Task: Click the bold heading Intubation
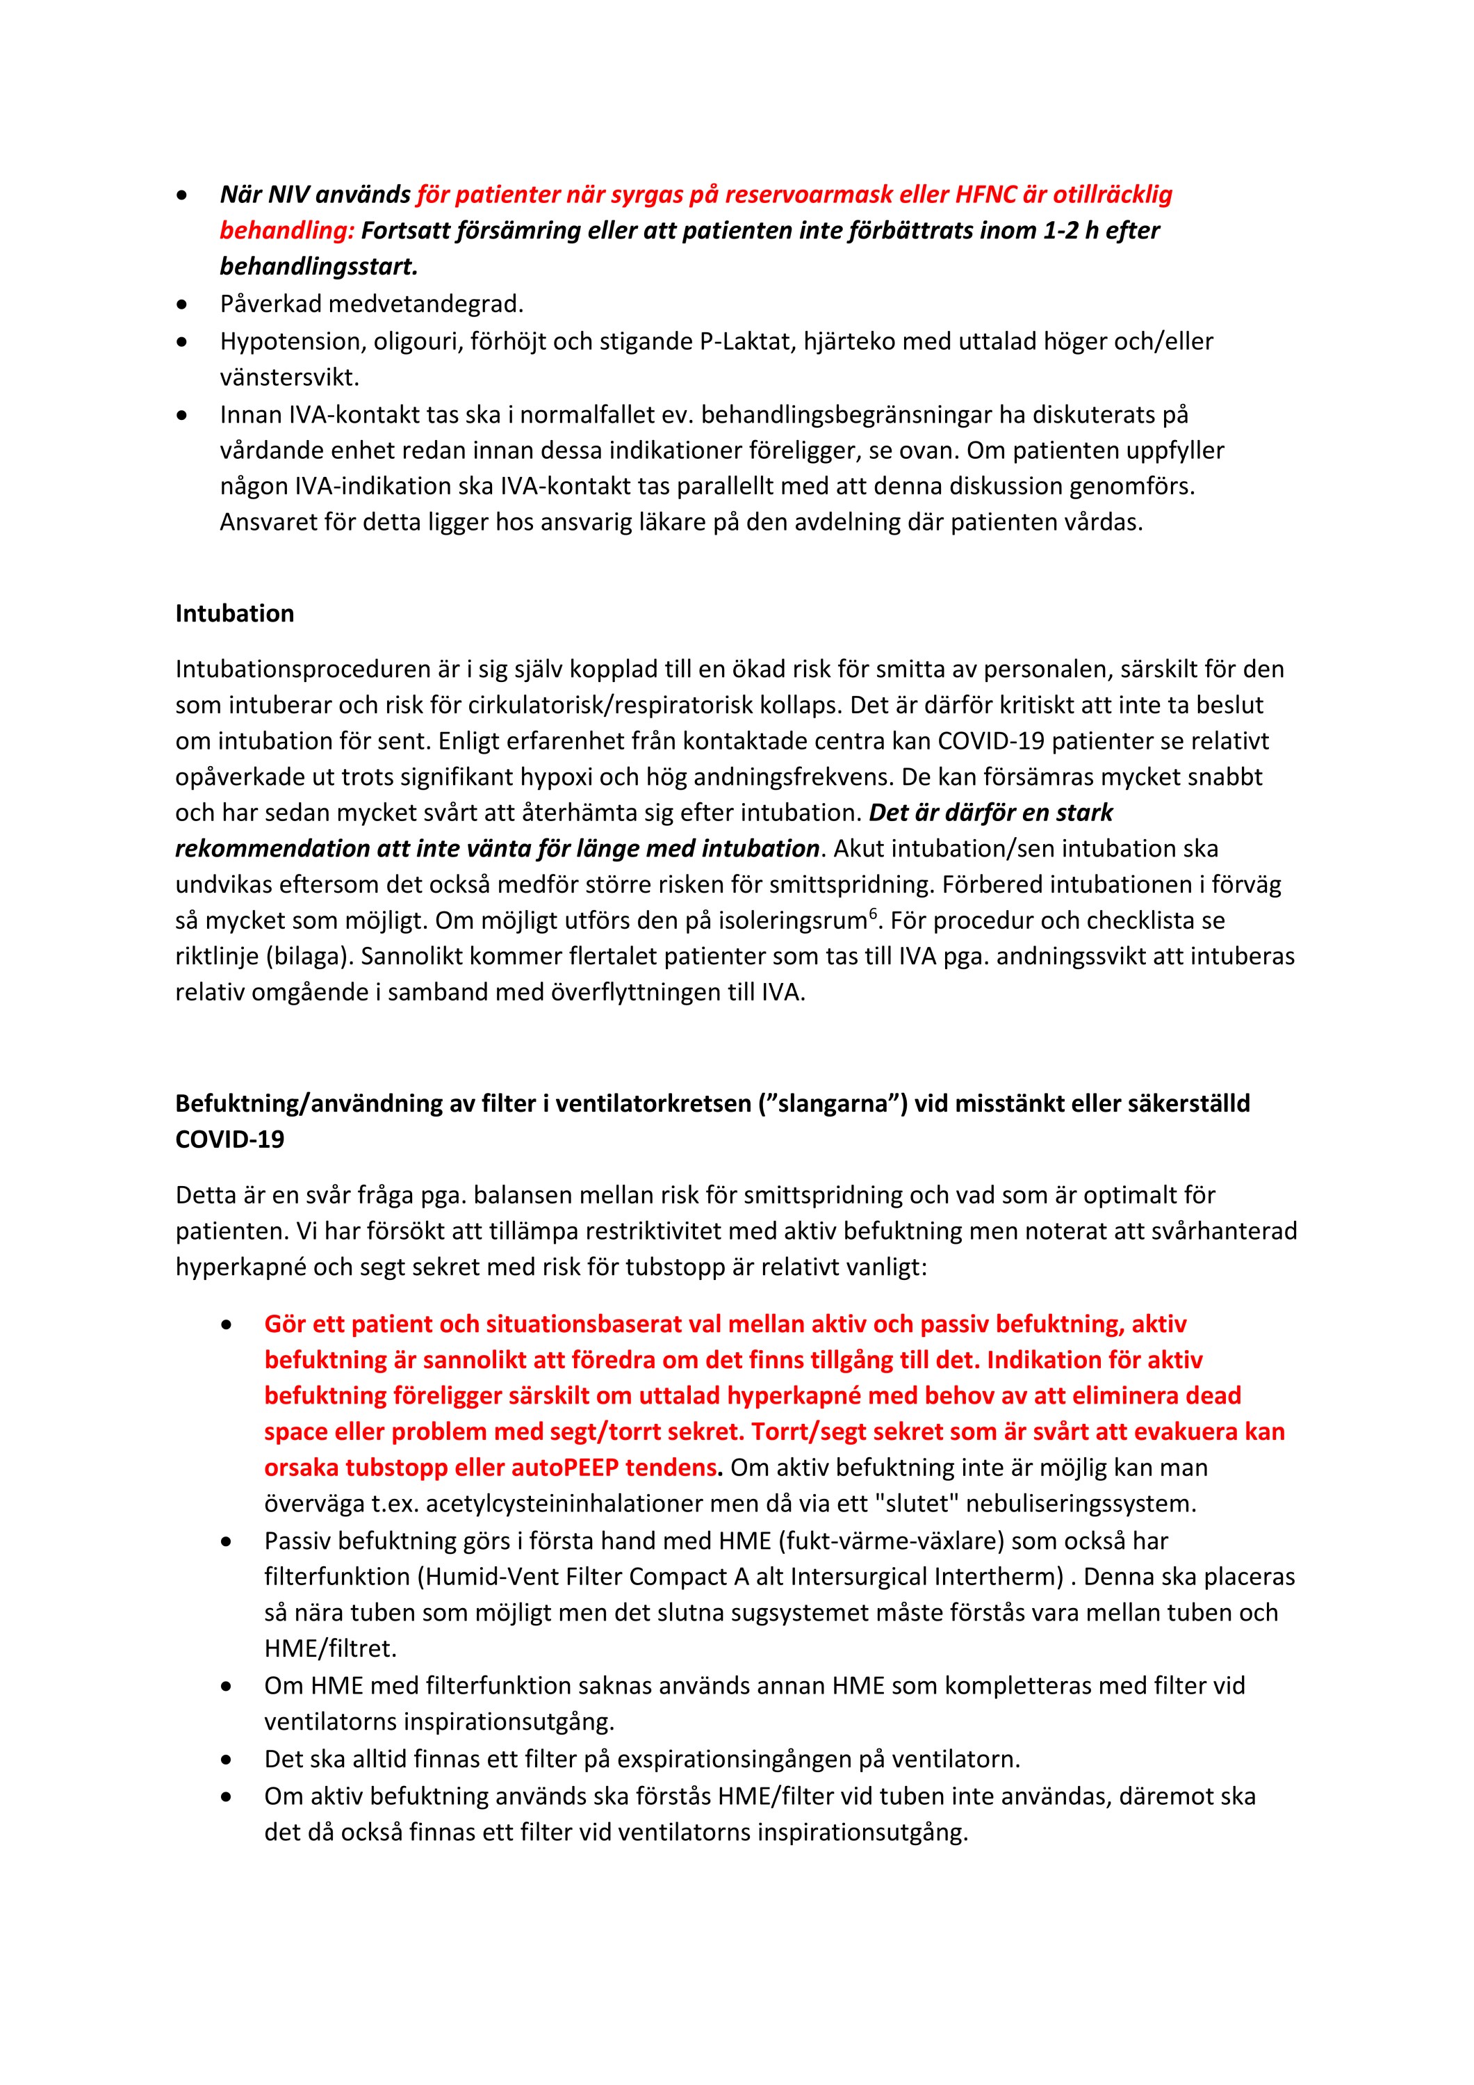(x=234, y=614)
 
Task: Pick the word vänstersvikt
(x=288, y=378)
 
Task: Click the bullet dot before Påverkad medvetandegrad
(x=183, y=305)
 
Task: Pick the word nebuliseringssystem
(x=1080, y=1504)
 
